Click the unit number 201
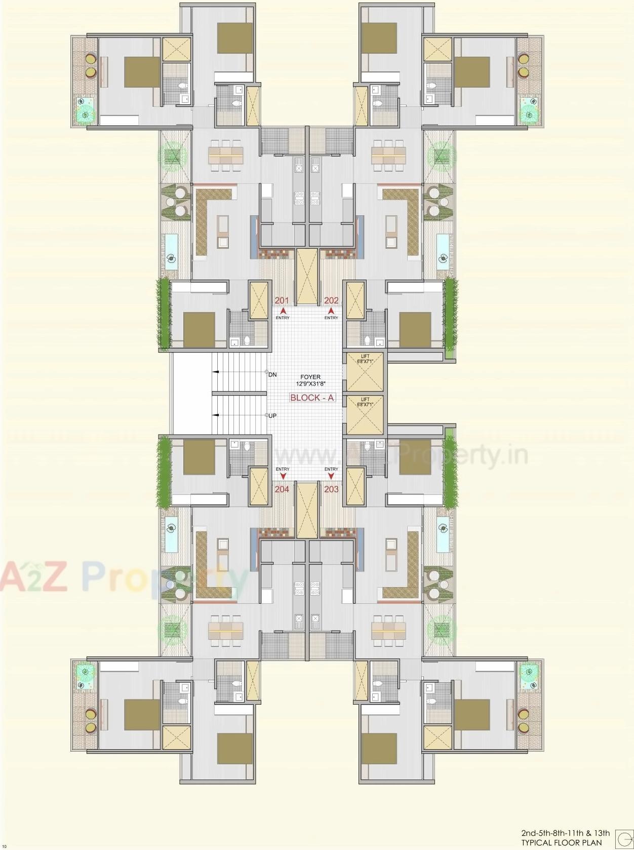281,300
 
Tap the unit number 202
331,300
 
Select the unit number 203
331,489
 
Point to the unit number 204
282,489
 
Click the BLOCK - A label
312,398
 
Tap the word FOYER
310,377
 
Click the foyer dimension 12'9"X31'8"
310,384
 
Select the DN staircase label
273,375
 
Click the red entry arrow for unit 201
282,310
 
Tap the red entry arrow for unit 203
331,477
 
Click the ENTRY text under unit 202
331,318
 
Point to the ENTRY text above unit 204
283,469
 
